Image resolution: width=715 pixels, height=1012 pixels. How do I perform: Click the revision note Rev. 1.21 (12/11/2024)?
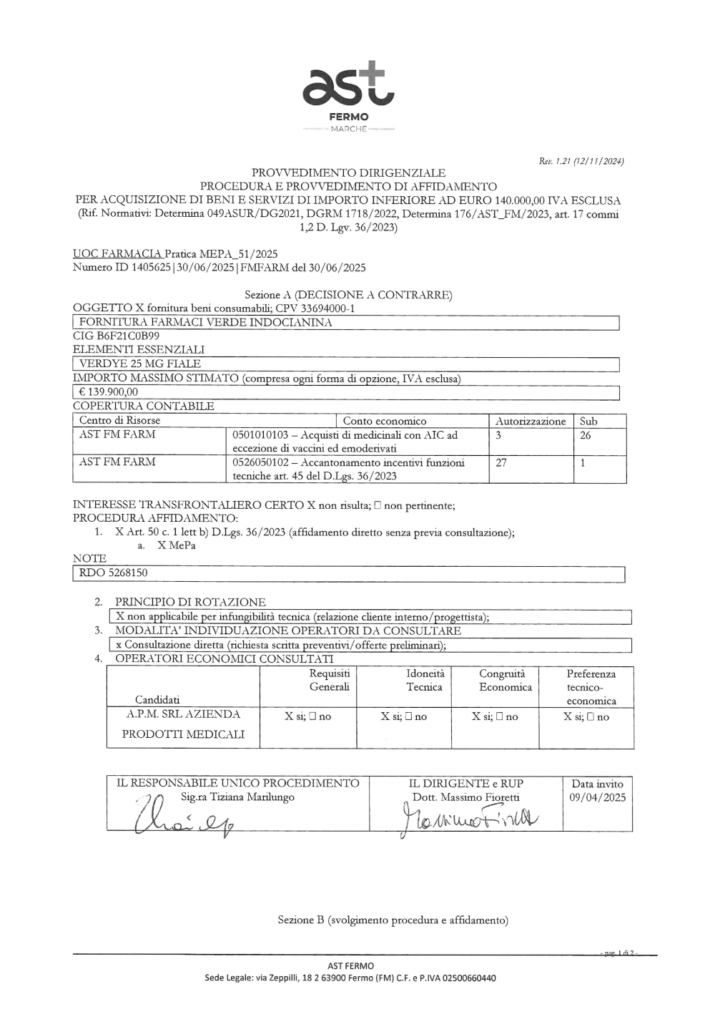(x=582, y=162)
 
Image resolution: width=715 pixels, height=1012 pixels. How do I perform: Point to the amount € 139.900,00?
(x=109, y=392)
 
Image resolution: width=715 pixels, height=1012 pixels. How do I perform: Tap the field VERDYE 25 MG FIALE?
(x=140, y=364)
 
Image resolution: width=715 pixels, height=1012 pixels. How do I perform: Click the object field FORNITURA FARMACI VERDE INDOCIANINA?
(x=205, y=323)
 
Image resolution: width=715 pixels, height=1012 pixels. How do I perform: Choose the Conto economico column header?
(x=385, y=421)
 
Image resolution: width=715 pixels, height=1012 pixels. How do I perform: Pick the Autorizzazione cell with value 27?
(x=501, y=462)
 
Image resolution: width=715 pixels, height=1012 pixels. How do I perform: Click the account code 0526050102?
(x=262, y=462)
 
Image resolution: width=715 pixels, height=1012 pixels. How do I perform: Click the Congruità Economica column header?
(x=506, y=680)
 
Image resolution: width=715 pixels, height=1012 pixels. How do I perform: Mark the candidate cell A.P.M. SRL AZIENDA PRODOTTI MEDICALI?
(x=183, y=724)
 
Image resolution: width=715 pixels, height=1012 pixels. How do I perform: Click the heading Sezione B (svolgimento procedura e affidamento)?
(x=393, y=920)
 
